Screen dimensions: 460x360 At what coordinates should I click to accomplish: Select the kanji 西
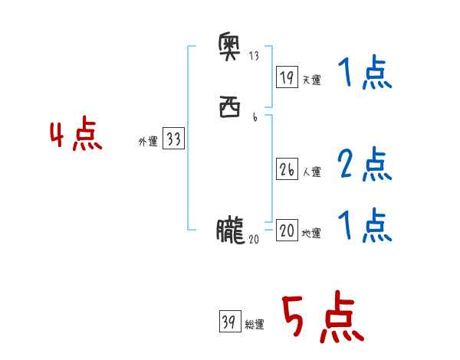coord(230,106)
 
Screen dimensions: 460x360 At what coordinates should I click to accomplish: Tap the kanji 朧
coord(229,230)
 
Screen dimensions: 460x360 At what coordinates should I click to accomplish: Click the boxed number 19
coord(287,77)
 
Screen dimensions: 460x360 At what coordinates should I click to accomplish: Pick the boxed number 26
coord(287,170)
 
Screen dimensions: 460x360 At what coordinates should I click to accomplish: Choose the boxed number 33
coord(173,139)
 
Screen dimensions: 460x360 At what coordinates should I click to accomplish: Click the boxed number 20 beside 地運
coord(287,231)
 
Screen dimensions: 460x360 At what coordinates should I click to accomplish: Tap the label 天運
coord(311,80)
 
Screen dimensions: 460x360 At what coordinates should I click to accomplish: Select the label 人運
coord(311,172)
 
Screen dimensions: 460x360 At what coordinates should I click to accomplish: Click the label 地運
coord(311,234)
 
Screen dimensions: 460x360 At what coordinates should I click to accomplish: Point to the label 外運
coord(148,142)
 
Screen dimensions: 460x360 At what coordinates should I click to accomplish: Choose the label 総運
coord(254,325)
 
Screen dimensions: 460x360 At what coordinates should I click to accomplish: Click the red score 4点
coord(76,137)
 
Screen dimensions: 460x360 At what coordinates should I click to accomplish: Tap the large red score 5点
coord(321,319)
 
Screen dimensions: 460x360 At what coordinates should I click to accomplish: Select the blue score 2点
coord(364,163)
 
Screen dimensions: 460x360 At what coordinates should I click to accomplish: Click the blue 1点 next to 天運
coord(364,74)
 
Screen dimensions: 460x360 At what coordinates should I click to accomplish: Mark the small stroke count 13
coord(255,55)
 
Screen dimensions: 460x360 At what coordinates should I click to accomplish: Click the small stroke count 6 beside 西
coord(255,117)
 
